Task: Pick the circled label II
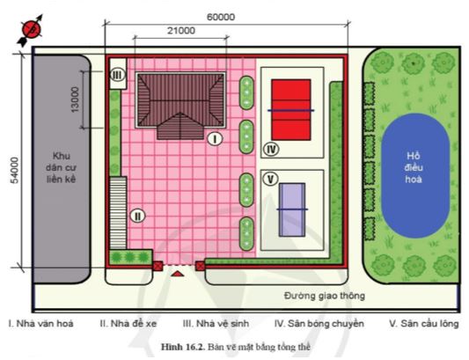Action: (x=136, y=215)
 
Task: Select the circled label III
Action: (x=117, y=77)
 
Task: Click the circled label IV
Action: (x=272, y=149)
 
